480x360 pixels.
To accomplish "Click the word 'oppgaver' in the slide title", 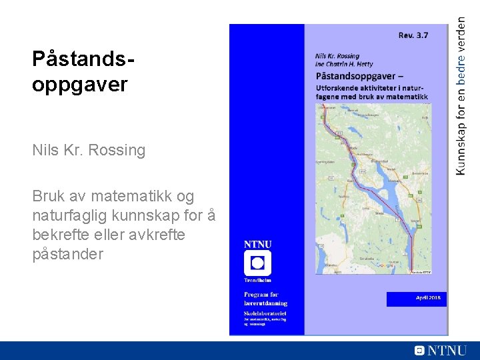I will [79, 85].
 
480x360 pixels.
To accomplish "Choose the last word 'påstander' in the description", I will [67, 254].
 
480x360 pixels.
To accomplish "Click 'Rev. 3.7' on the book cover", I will [413, 35].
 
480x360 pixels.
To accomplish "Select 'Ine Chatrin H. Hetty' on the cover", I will [343, 65].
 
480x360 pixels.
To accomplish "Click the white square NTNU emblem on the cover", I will [257, 263].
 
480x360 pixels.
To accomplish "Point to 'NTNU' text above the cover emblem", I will [257, 244].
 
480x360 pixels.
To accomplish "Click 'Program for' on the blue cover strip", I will [261, 295].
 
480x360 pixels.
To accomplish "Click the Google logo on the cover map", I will [385, 265].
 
